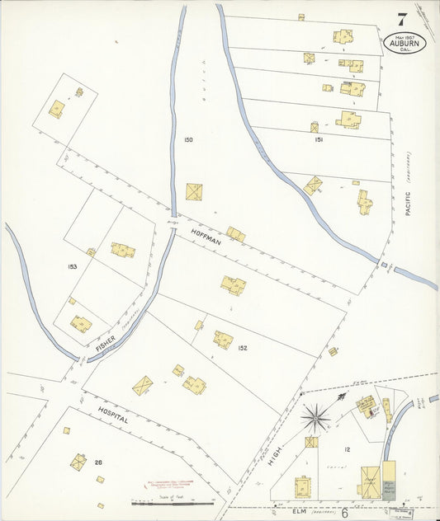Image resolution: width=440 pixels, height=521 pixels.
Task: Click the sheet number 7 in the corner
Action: coord(401,20)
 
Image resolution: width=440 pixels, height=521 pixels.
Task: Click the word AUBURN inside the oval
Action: coord(405,43)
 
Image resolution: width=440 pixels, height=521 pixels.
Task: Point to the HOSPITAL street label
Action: coord(112,418)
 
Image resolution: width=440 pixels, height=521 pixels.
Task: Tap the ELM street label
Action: coord(299,511)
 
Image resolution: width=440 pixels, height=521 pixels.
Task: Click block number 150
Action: coord(188,140)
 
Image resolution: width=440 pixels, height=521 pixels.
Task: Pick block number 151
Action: coord(319,140)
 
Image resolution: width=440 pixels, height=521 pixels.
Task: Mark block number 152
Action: coord(243,348)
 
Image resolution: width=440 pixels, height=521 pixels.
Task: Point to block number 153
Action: coord(73,266)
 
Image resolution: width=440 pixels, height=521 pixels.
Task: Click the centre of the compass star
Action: coord(314,418)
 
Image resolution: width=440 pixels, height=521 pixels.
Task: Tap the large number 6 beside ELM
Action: coord(344,513)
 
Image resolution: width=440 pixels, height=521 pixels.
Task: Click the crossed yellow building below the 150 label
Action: coord(194,192)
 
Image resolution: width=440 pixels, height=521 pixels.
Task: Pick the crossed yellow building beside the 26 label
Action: coord(78,462)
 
